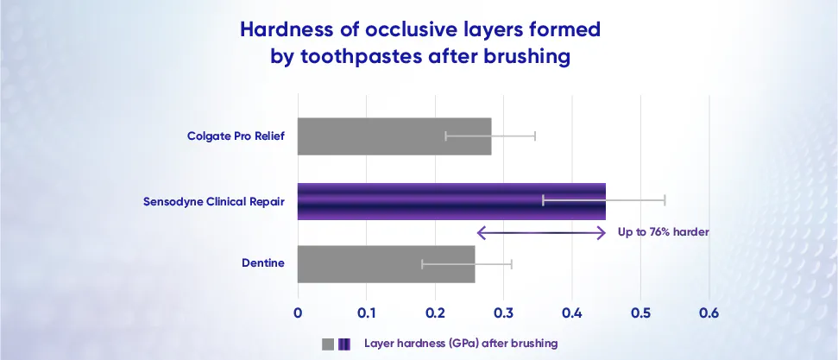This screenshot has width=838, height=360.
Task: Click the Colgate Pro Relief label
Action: [x=236, y=136]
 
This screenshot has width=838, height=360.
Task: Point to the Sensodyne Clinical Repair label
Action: [x=214, y=202]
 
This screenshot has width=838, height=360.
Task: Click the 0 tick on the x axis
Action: [x=298, y=312]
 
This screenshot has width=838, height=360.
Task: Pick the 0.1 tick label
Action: [x=366, y=312]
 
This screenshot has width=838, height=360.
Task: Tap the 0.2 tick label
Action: [x=434, y=312]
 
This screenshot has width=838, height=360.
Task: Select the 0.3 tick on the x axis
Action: [x=503, y=312]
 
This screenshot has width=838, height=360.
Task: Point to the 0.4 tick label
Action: [x=571, y=312]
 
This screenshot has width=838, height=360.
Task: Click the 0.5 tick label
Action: [x=640, y=312]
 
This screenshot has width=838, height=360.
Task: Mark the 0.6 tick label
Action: [x=709, y=312]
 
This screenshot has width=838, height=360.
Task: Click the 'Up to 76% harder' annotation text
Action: [x=663, y=232]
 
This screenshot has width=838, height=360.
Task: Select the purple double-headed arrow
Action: [x=541, y=232]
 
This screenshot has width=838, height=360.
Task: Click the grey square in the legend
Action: [x=328, y=344]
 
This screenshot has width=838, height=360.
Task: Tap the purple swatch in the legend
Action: [x=344, y=344]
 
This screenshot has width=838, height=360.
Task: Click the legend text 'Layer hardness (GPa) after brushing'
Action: [x=460, y=344]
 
